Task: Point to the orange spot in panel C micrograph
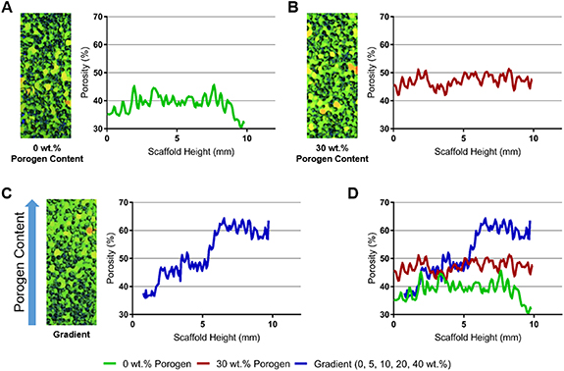87,229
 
